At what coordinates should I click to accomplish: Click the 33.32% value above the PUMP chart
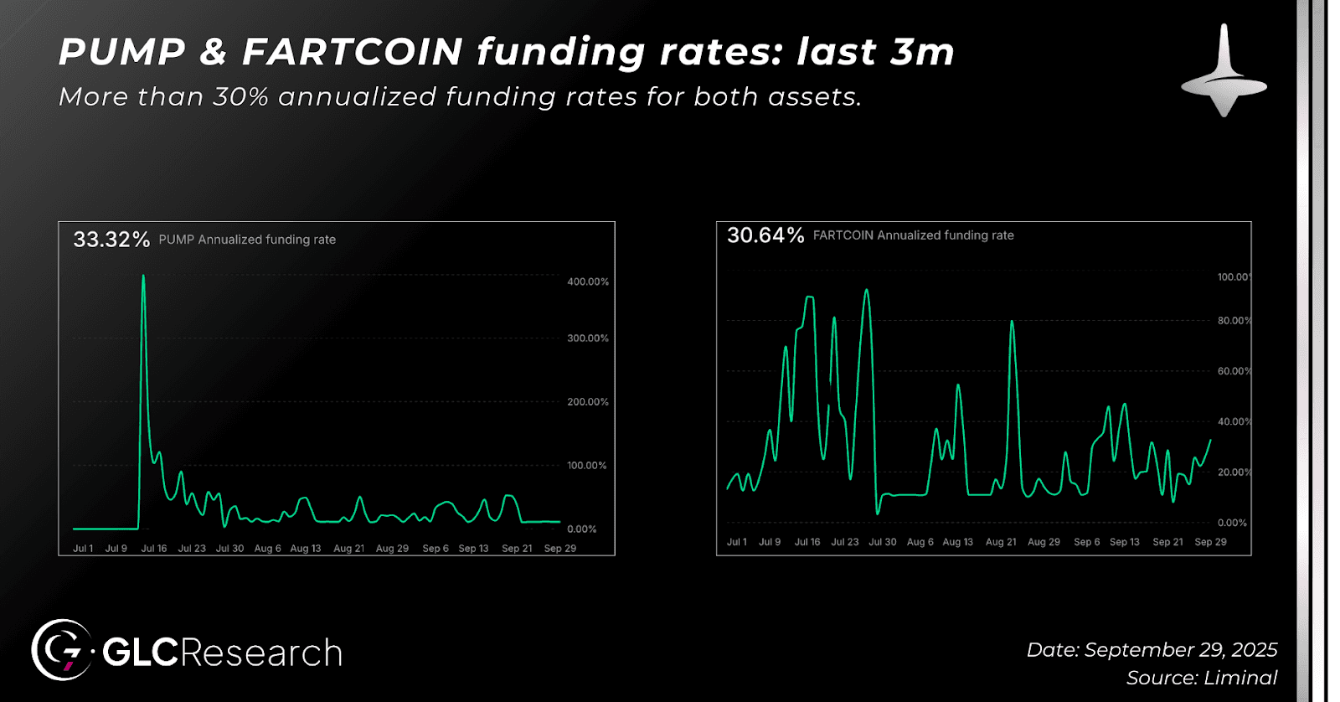111,240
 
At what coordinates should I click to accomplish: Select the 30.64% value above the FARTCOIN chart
765,235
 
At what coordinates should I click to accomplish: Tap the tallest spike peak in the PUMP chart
143,276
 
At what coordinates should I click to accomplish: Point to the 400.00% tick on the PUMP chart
588,281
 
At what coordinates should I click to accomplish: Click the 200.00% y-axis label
588,402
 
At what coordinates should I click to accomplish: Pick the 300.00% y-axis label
588,338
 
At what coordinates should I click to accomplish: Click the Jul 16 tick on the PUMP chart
154,549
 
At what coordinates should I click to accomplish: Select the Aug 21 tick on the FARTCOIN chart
1001,542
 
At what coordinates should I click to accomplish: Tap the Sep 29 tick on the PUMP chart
560,549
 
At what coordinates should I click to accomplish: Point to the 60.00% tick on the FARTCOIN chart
1234,371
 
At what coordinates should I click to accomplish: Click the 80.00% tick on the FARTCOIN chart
1234,321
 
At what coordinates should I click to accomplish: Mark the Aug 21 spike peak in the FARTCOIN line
1013,322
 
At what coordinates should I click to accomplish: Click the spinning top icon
1224,72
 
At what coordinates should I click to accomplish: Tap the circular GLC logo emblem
61,650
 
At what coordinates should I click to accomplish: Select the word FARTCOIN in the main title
353,52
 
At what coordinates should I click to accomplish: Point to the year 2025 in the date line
1255,650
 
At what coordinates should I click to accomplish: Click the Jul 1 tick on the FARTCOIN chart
737,542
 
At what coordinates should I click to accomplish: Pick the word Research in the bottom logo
261,653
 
